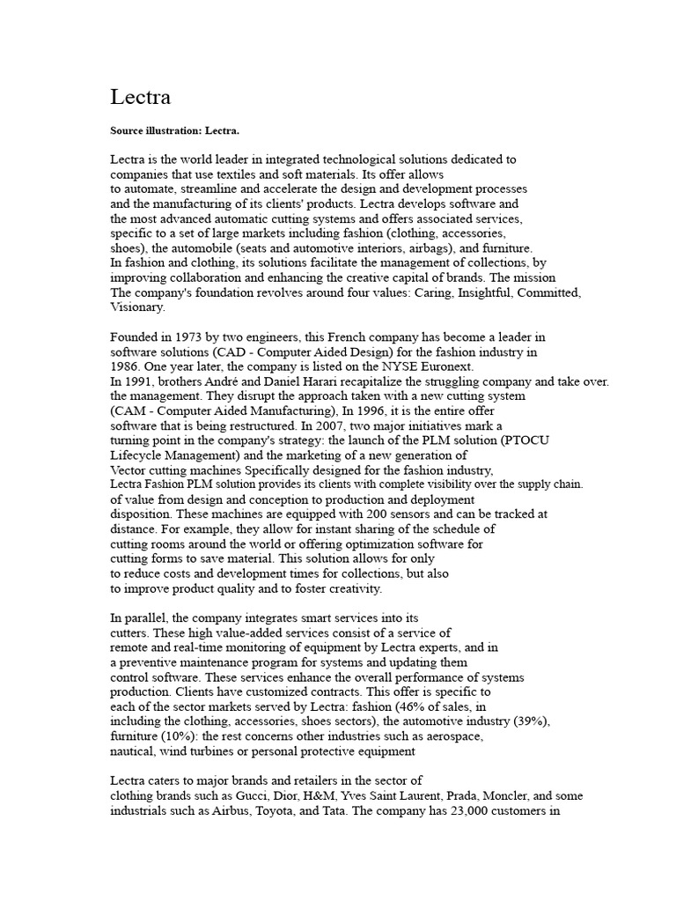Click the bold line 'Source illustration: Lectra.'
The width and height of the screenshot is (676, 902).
coord(174,130)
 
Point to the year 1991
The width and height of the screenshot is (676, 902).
coord(139,381)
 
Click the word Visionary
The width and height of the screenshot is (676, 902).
coord(136,307)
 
